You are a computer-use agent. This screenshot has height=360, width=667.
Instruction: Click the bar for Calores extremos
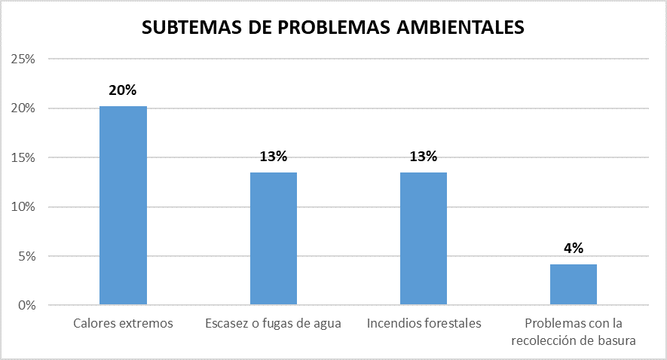point(123,206)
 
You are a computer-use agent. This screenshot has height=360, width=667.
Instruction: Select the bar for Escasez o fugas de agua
point(273,239)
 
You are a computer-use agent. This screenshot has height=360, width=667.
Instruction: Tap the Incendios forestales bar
point(423,239)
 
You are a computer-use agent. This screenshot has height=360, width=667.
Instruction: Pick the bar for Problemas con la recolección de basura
point(573,285)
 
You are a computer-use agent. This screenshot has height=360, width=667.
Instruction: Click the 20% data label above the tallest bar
point(123,90)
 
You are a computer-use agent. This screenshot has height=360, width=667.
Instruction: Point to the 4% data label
point(573,249)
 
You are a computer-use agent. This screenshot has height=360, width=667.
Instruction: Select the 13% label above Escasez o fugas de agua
point(273,157)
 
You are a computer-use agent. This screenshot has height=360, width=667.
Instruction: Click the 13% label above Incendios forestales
point(423,157)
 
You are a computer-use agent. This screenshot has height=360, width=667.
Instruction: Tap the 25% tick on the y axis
point(23,59)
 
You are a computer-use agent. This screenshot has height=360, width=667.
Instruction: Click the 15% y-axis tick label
point(23,157)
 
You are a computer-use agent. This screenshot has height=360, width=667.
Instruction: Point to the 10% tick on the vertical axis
point(23,207)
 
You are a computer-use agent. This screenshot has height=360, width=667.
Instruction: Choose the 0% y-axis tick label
point(26,306)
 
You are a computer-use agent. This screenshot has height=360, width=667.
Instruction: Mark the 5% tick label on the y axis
point(26,256)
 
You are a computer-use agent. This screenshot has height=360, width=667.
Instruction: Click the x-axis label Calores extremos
point(123,324)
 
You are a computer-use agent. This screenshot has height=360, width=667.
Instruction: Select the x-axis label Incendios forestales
point(424,324)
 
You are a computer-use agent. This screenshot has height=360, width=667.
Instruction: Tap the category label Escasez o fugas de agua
point(273,324)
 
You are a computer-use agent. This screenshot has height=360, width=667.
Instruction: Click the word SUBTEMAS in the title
point(193,28)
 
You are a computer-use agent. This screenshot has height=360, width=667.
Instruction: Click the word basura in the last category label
point(618,340)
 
